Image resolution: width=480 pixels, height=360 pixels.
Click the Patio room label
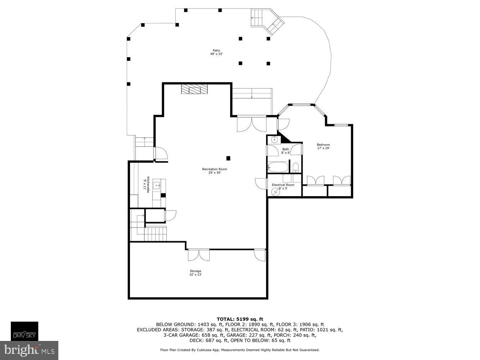coord(216,50)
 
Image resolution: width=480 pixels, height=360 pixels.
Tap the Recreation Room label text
coord(215,169)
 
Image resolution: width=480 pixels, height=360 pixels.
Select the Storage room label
coord(195,271)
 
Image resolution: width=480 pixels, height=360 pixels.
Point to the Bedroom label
coord(323,144)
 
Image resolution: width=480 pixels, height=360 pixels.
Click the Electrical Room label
coord(283,185)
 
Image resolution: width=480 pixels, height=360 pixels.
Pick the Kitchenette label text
coord(148,184)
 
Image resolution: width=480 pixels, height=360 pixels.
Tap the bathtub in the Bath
coord(278,167)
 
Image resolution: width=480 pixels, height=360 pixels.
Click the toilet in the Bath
coord(295,168)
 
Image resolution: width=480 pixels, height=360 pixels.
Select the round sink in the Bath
coord(274,139)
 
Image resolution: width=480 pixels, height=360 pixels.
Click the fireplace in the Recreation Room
coord(194,89)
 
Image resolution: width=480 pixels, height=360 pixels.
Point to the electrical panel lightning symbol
coord(275,192)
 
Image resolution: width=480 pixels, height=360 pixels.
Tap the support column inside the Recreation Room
coord(228,158)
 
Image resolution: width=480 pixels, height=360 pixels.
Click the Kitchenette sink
coord(157,186)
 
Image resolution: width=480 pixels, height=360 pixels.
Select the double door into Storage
coord(199,255)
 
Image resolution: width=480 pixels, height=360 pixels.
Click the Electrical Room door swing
coord(261,184)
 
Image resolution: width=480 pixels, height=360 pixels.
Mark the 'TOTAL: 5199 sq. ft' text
coord(240,319)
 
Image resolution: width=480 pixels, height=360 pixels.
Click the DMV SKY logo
coord(24,331)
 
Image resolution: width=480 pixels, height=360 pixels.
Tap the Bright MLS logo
coord(29,350)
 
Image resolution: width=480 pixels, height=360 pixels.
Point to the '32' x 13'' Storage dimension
coord(196,275)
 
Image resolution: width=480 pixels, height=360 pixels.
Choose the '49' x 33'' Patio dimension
coord(216,54)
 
